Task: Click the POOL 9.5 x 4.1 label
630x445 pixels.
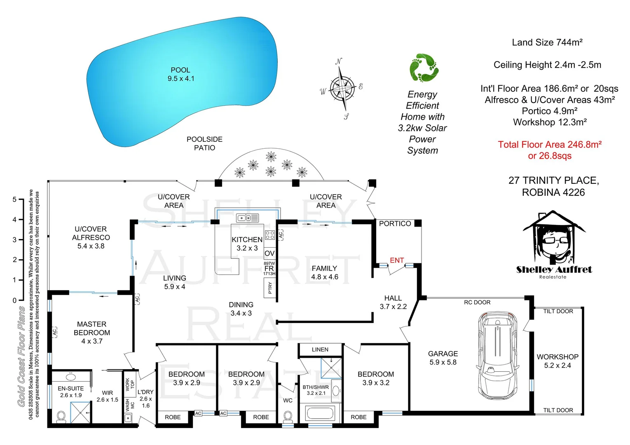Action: (x=180, y=74)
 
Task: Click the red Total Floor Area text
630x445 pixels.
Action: (x=549, y=150)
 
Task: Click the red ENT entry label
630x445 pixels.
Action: (x=396, y=260)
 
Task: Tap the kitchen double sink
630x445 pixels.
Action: (x=247, y=218)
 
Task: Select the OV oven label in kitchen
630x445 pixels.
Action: (x=269, y=253)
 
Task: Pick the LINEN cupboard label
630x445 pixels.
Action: (x=320, y=349)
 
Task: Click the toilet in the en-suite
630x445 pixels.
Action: (x=61, y=416)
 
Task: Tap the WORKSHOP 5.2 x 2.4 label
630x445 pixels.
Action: (x=557, y=361)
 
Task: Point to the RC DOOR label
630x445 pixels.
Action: (x=477, y=302)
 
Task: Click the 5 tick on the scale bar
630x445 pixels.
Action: (x=15, y=199)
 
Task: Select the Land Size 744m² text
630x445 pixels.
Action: (x=547, y=42)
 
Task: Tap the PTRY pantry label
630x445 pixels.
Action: (x=270, y=287)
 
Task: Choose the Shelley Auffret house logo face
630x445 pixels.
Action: (x=554, y=241)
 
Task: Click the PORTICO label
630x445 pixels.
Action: (x=395, y=224)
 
